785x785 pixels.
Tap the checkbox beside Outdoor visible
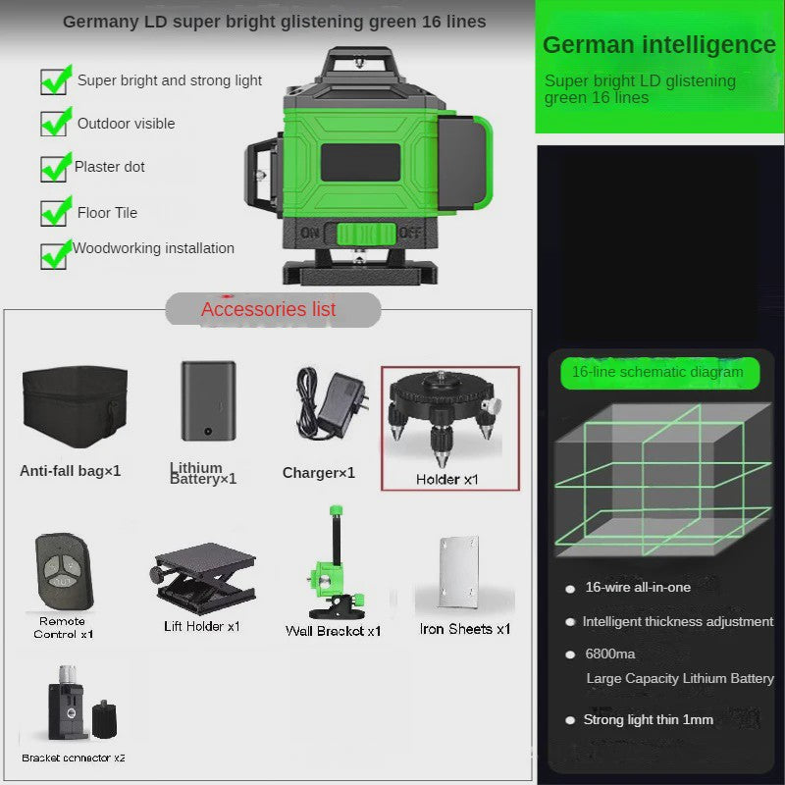[54, 124]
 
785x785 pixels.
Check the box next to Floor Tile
[54, 213]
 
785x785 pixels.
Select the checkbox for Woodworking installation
[54, 256]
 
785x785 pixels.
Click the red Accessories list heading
[268, 309]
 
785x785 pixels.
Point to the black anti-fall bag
[76, 406]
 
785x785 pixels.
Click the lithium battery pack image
[208, 400]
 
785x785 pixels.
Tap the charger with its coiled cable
[332, 403]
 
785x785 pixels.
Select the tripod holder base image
[444, 416]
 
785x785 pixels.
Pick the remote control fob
[64, 571]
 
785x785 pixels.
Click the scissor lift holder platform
[203, 578]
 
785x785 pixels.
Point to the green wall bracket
[336, 563]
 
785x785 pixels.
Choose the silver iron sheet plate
[458, 571]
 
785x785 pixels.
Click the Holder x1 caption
[447, 480]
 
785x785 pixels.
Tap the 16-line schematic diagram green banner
[659, 373]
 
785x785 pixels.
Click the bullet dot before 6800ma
[570, 654]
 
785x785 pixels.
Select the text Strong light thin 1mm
[649, 720]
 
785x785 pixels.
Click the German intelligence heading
[658, 44]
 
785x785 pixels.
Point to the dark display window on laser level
[360, 163]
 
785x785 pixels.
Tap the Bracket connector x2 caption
[73, 758]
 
